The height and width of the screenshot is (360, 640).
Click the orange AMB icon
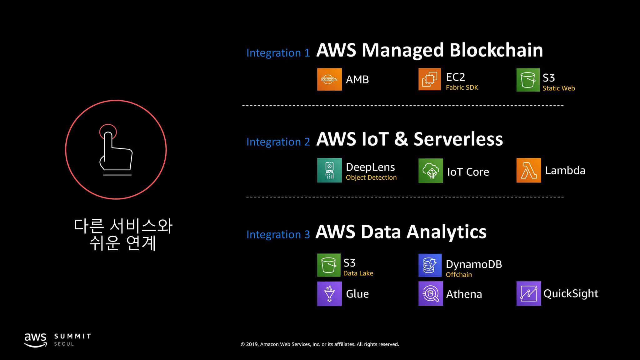329,79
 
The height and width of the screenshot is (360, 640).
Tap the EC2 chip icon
429,79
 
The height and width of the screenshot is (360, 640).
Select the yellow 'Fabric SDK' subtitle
462,87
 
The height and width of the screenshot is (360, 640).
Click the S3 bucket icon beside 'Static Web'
528,80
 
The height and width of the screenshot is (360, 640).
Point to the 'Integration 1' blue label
278,53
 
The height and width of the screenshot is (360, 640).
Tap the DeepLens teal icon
329,170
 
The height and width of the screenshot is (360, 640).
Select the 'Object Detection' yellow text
371,177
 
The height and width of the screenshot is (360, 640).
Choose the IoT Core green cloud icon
430,171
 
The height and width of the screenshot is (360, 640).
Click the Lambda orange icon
528,170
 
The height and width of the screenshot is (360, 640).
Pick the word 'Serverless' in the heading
458,139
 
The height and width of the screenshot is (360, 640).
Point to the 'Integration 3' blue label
278,234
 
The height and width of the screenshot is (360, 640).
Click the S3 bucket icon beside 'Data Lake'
328,265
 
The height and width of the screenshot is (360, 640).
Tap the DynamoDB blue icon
430,265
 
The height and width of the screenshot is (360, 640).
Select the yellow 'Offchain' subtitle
458,275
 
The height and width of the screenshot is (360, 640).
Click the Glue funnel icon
329,294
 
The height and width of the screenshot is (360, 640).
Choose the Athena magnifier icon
430,294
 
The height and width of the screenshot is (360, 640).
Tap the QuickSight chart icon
528,294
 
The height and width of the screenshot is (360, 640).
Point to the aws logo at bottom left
35,340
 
